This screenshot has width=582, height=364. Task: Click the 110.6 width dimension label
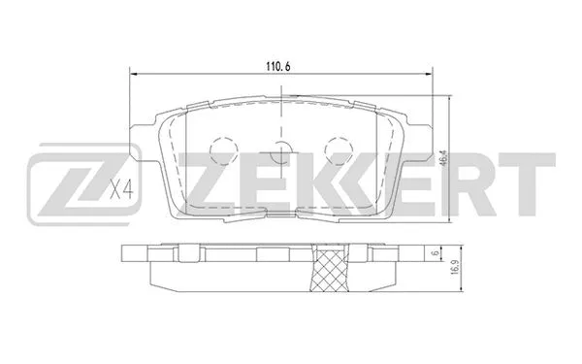coord(280,65)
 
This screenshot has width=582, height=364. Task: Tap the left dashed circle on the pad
coord(223,148)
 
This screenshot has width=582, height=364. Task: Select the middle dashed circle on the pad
coord(281,151)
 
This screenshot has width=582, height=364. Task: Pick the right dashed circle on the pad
coord(339,148)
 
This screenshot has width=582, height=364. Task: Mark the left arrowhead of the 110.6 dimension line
coord(134,74)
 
